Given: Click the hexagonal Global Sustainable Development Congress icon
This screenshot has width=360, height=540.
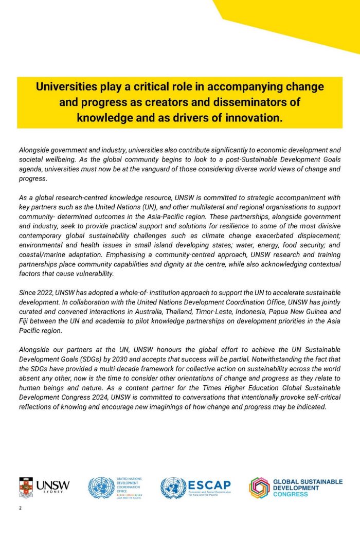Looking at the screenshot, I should point(259,488).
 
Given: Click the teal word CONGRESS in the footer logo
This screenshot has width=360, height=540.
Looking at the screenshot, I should point(290,495).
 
